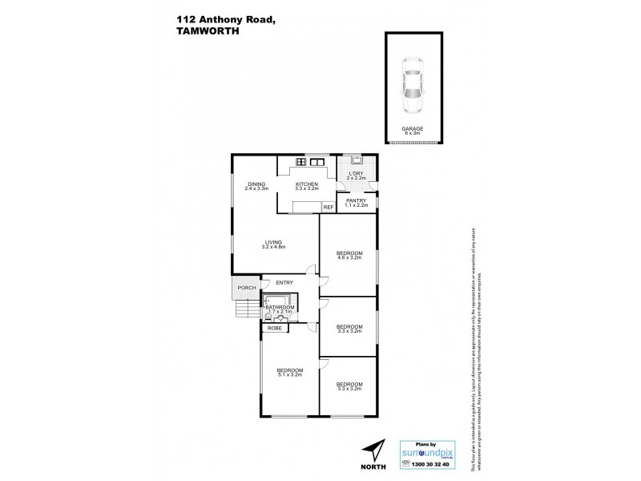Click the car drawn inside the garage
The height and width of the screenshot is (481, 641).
(414, 87)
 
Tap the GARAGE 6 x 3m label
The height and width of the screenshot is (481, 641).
(414, 131)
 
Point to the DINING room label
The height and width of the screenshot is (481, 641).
(256, 185)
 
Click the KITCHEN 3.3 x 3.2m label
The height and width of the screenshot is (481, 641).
(306, 185)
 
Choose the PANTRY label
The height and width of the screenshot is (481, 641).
(357, 203)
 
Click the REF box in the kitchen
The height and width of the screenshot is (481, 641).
(327, 208)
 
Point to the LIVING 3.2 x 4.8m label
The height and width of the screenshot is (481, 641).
(273, 245)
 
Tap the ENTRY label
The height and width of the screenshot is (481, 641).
(284, 283)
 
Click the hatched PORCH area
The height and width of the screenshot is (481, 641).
(244, 286)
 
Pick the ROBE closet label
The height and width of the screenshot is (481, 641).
(274, 329)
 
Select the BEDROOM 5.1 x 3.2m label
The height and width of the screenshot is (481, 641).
(289, 371)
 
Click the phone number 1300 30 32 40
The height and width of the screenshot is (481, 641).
(427, 465)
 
